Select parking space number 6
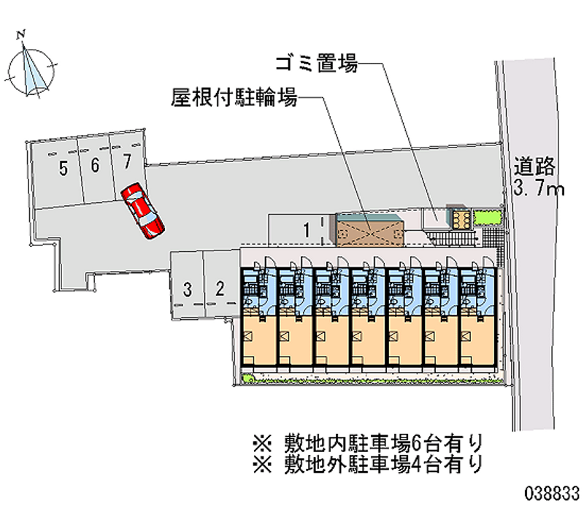[x=95, y=167]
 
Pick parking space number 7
[x=127, y=161]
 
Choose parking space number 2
[x=220, y=289]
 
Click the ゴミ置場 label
[x=316, y=64]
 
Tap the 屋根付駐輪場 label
[x=234, y=98]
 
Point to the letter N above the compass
[x=23, y=34]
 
